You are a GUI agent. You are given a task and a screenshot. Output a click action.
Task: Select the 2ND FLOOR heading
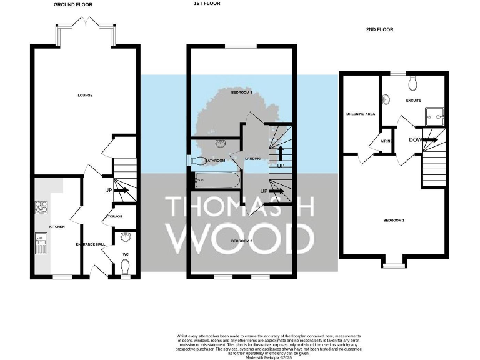379,29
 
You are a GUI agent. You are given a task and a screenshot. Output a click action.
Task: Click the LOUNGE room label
85,95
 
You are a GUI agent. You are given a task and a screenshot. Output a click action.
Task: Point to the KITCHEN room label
57,226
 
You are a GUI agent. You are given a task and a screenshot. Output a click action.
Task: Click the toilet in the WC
125,267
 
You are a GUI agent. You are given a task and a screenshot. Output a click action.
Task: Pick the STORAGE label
114,216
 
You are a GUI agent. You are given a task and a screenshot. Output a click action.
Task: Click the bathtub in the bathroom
217,181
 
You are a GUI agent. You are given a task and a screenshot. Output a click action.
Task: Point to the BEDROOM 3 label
241,92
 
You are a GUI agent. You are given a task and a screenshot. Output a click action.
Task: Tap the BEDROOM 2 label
241,241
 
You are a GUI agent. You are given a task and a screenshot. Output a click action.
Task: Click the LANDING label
252,159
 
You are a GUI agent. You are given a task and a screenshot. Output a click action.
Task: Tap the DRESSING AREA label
361,114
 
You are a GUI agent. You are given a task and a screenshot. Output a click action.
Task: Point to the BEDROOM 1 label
394,220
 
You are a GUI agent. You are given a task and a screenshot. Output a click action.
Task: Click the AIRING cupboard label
386,141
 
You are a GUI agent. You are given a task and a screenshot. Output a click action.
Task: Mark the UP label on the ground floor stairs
108,190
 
